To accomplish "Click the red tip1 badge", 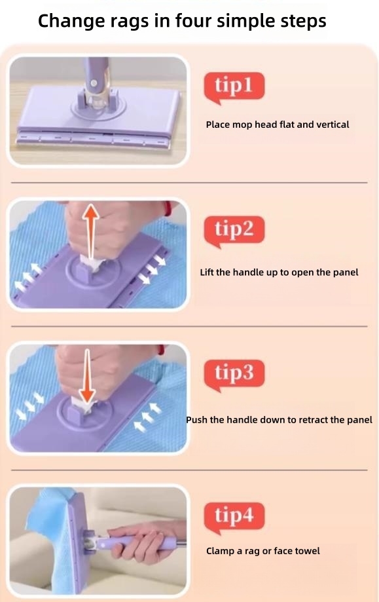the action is [x=234, y=86].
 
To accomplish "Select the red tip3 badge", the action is [x=234, y=374].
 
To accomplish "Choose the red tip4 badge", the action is [x=234, y=517].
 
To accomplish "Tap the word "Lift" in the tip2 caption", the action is [x=207, y=273].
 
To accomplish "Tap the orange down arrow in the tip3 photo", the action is [x=88, y=376].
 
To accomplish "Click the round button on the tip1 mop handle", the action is [x=93, y=83].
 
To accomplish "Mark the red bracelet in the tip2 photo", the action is [x=168, y=208].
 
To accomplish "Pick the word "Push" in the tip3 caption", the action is [x=195, y=420].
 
